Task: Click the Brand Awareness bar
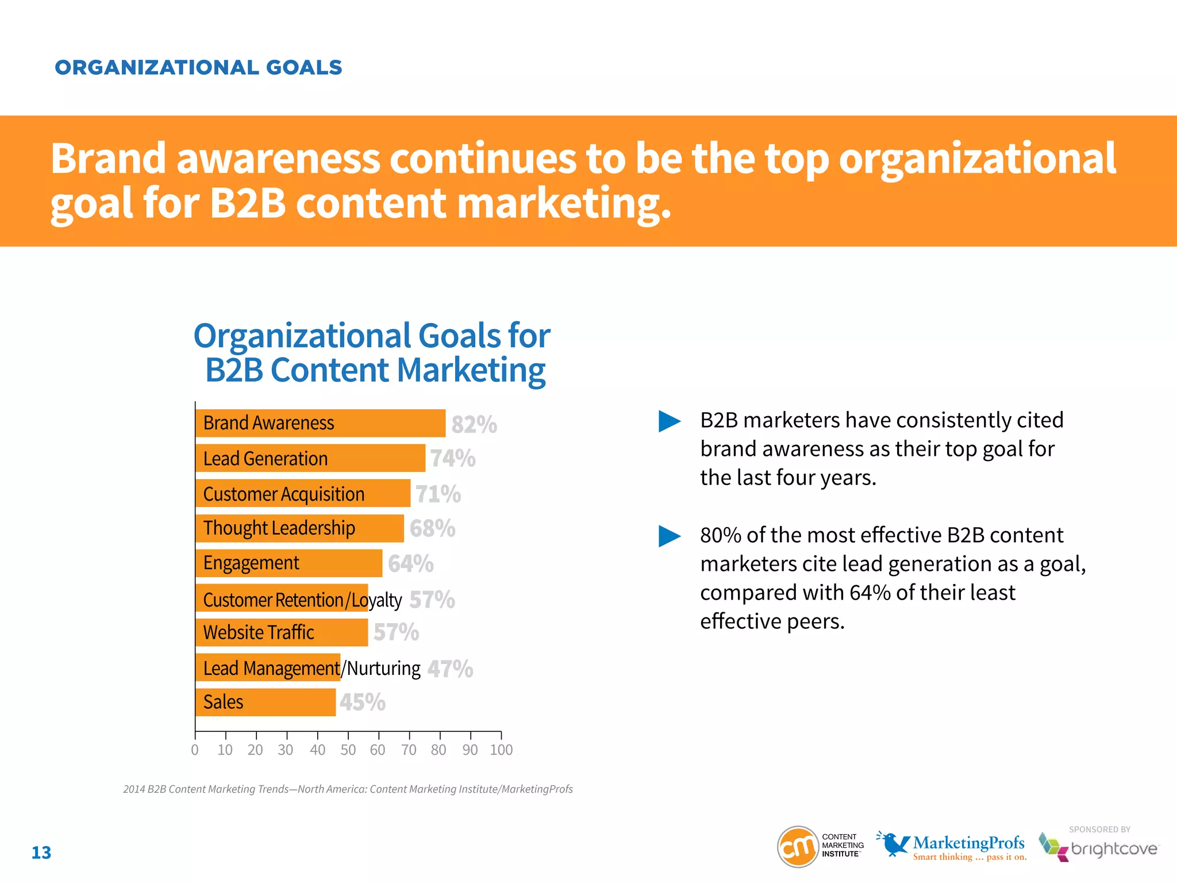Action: [x=320, y=423]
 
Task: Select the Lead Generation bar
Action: [x=310, y=458]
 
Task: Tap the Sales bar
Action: [x=266, y=702]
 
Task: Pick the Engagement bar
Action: [x=289, y=563]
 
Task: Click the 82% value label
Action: [x=474, y=424]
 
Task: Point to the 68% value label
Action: [x=432, y=528]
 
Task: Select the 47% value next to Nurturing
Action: [x=450, y=669]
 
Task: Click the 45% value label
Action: [x=362, y=702]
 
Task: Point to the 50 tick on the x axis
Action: [x=348, y=750]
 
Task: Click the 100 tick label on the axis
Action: [x=501, y=750]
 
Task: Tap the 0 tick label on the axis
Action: [x=195, y=750]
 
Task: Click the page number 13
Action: [x=41, y=853]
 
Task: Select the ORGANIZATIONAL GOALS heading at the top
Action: [x=198, y=68]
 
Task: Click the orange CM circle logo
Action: [x=798, y=846]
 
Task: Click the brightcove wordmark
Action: [x=1114, y=849]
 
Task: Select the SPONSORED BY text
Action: [x=1099, y=830]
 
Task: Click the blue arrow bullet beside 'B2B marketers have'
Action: [x=669, y=421]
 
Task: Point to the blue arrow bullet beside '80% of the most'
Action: [x=669, y=536]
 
